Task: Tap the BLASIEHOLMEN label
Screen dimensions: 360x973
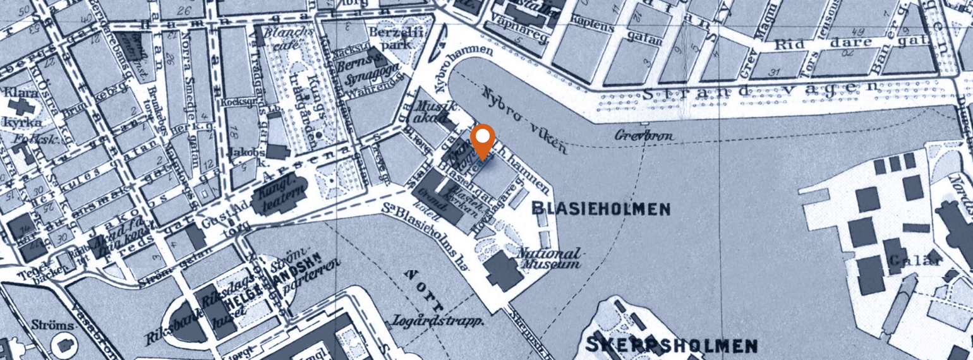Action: [x=601, y=208]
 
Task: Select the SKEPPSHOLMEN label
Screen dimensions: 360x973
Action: [x=672, y=345]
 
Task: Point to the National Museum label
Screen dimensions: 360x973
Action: [x=548, y=259]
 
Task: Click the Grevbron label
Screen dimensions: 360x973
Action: [x=645, y=136]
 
